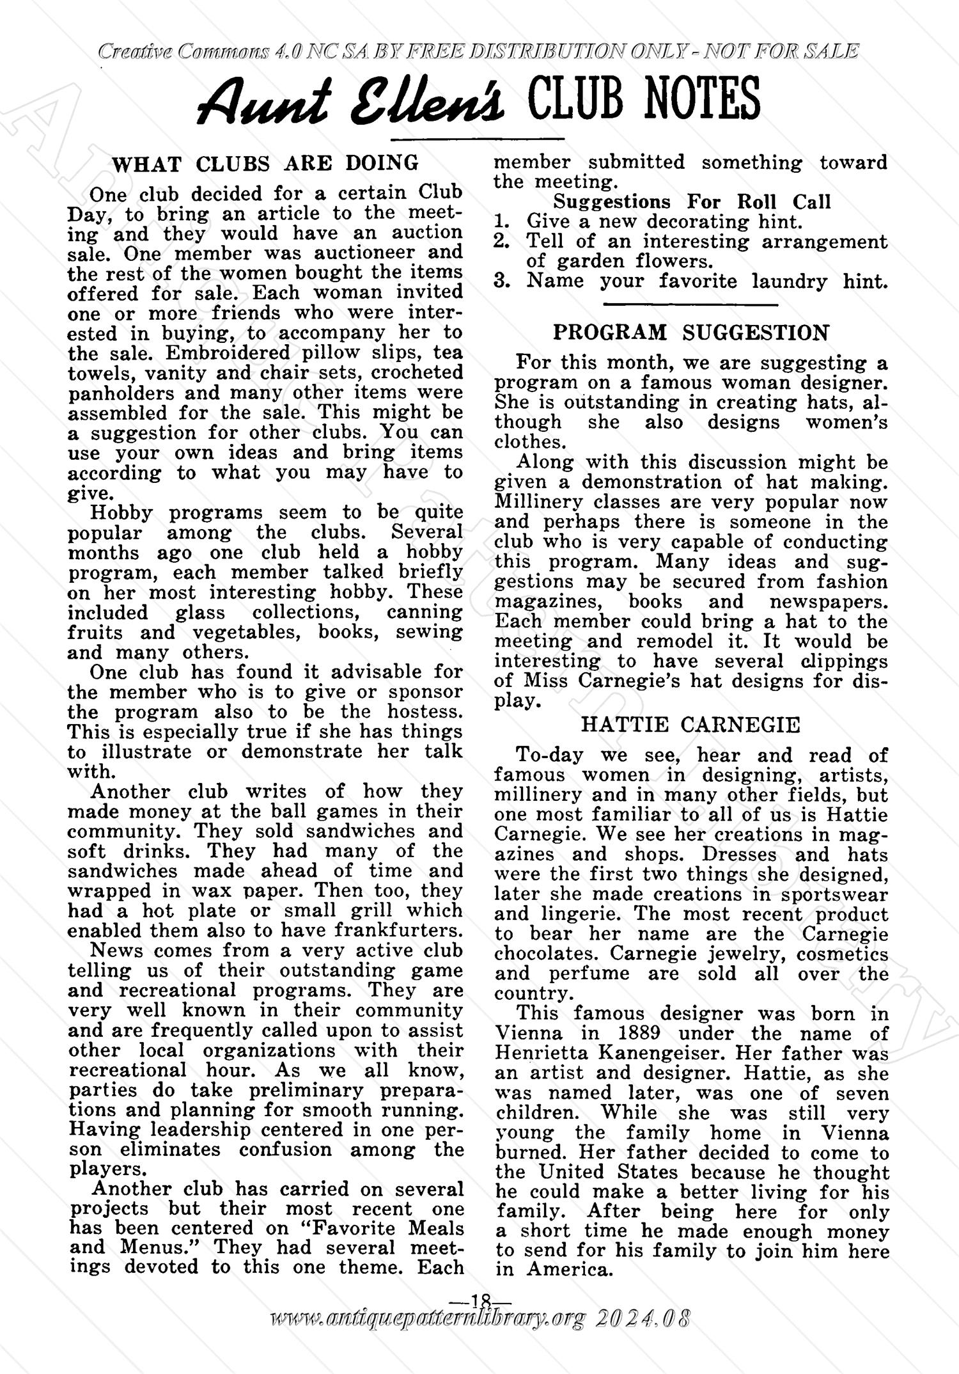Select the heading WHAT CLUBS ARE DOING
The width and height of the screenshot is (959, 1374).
(265, 163)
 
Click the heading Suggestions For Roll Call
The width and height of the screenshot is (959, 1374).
(692, 201)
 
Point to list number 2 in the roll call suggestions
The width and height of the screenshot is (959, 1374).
(502, 241)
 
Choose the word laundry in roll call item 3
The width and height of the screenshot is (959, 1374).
(789, 281)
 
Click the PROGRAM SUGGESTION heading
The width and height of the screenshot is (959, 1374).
(690, 333)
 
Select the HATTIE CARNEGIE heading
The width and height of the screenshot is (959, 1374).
(690, 725)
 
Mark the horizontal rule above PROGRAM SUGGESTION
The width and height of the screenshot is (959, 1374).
(690, 304)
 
